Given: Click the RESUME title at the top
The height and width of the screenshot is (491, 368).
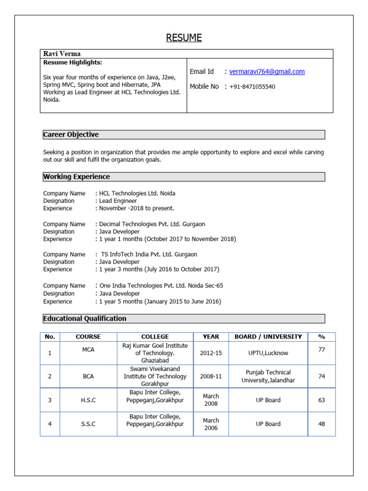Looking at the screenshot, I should (184, 38).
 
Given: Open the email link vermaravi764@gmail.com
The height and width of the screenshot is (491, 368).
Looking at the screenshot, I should (267, 71).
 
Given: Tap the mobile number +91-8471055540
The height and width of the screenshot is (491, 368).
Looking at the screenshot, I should (252, 87).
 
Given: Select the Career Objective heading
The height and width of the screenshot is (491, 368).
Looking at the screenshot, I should (71, 134).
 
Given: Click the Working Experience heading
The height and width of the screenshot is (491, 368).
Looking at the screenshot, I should (76, 176).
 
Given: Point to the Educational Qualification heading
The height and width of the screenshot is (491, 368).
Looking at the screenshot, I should (85, 318).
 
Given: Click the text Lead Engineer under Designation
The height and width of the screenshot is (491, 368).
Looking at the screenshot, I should (118, 201).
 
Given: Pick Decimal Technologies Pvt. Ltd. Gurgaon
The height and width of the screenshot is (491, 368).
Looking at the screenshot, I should (152, 224).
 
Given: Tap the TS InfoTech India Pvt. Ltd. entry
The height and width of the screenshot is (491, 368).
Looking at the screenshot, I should (149, 254).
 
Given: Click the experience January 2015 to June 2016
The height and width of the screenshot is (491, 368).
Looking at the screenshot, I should (158, 302).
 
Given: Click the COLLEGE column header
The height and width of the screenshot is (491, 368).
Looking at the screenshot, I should (155, 337).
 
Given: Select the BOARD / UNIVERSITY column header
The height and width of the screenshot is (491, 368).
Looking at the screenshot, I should (268, 337).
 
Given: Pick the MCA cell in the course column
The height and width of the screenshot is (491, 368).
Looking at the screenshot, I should (88, 350).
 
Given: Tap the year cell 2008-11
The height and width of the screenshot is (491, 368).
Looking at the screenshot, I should (211, 376).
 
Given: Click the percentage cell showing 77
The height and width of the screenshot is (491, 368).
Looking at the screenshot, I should (322, 350).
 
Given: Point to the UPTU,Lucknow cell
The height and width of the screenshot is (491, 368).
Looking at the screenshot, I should (268, 353).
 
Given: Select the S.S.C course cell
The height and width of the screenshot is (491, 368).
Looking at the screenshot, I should (88, 424).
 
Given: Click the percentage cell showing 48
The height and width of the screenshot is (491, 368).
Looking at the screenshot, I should (322, 424).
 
